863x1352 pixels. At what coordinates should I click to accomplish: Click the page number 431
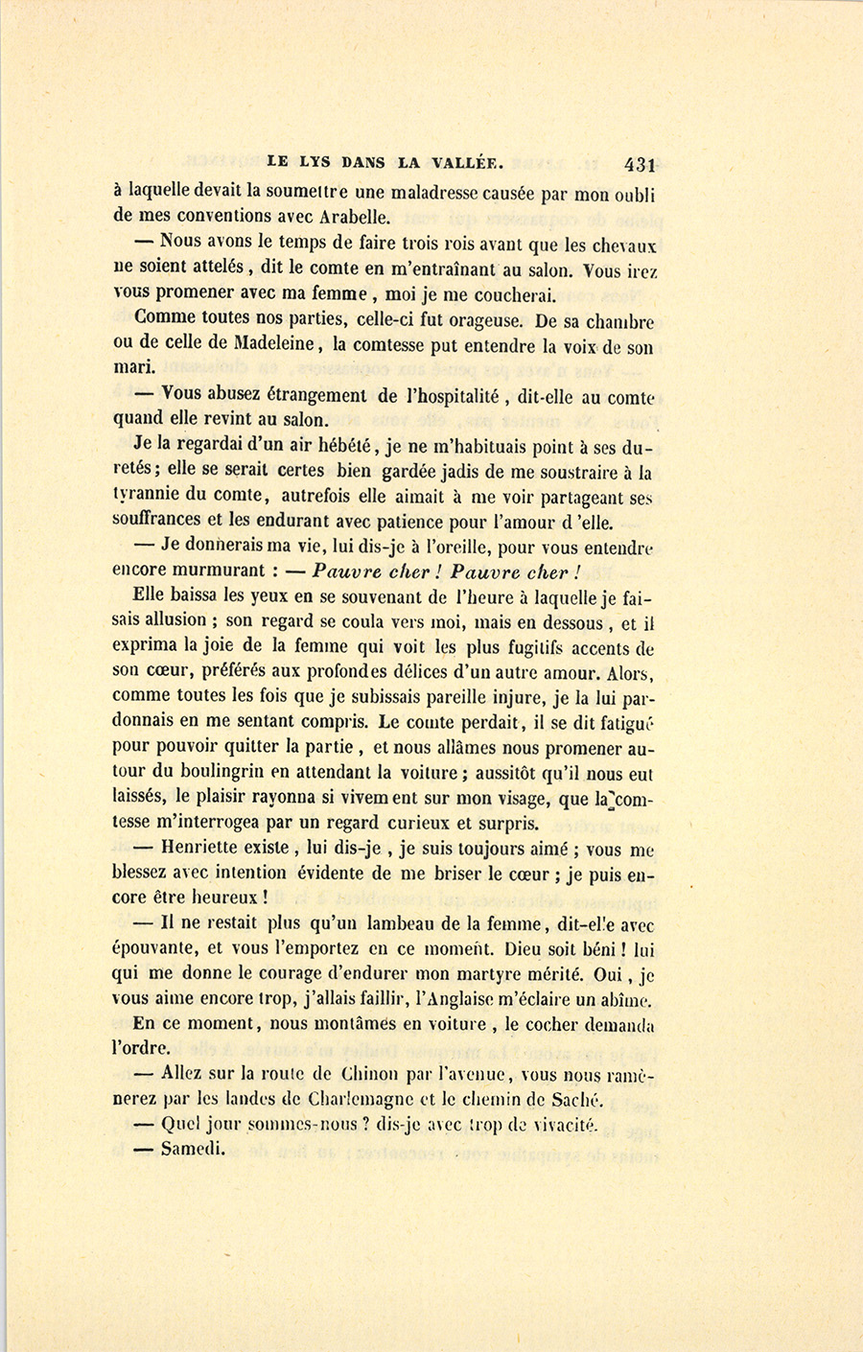(x=637, y=163)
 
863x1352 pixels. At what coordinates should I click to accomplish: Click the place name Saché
(x=580, y=1100)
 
